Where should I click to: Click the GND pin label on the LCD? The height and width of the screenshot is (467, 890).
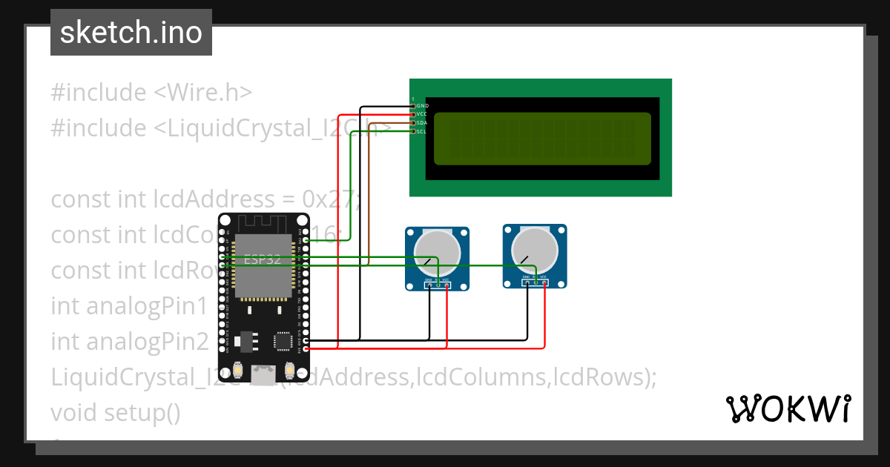tap(422, 106)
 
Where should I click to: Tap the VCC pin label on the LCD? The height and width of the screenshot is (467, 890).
tap(422, 114)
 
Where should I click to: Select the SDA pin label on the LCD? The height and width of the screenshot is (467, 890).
tap(422, 123)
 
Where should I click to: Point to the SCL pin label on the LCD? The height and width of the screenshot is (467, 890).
tap(422, 131)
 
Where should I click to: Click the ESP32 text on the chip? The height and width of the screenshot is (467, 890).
tap(263, 259)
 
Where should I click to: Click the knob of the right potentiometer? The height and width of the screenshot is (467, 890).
tap(535, 248)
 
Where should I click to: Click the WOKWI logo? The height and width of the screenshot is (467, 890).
tap(788, 408)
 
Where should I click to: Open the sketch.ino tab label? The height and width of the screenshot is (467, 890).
tap(131, 33)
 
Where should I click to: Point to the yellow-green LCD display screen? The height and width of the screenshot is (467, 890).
tap(542, 139)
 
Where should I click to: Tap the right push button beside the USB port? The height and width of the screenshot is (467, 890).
tap(289, 369)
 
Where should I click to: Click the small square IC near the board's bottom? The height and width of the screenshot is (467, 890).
tap(283, 340)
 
